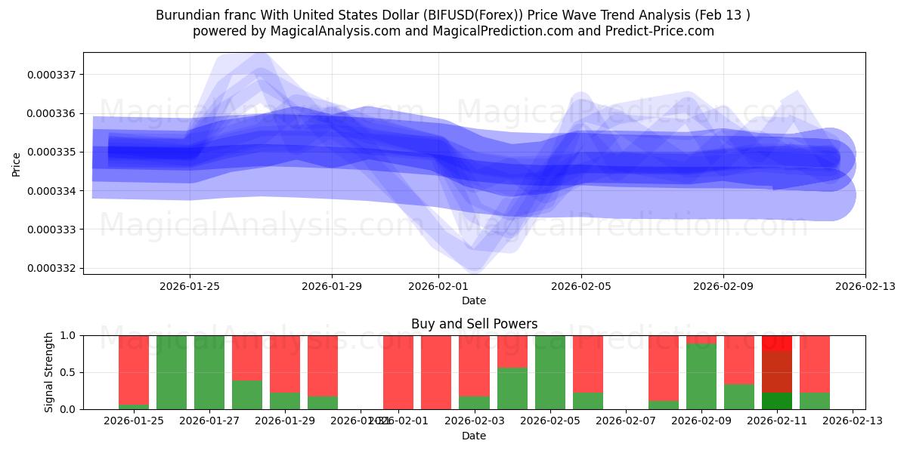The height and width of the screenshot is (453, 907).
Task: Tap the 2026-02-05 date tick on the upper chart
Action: (581, 286)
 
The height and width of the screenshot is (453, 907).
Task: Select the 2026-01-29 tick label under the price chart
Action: (332, 286)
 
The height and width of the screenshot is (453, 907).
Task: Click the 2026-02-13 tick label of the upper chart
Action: (865, 286)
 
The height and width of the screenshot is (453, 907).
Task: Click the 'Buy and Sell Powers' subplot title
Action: (474, 324)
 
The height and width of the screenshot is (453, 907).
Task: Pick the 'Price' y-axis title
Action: (17, 163)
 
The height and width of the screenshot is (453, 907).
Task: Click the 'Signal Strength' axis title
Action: (49, 372)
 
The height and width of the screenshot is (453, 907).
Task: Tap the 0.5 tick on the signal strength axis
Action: (67, 372)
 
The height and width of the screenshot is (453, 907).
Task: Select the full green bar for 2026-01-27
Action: (209, 372)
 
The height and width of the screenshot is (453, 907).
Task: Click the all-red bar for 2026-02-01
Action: (436, 372)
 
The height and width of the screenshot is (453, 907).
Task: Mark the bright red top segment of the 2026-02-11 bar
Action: (777, 343)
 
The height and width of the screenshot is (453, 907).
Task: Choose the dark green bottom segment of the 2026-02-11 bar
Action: (777, 401)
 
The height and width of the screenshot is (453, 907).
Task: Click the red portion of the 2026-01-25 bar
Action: (134, 368)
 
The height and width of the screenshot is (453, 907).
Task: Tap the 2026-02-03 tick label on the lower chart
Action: (474, 421)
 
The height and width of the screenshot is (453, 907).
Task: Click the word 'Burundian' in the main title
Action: (184, 15)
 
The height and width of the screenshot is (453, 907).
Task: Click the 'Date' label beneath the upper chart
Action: (474, 300)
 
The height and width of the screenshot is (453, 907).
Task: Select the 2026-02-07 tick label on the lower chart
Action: (626, 421)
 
